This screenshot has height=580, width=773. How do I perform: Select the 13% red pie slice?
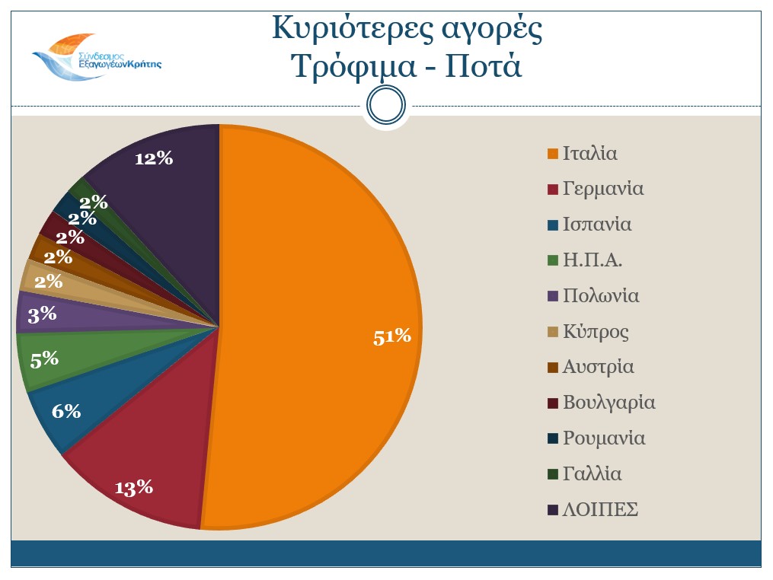pyautogui.click(x=145, y=464)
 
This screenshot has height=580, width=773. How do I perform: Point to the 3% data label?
pyautogui.click(x=42, y=314)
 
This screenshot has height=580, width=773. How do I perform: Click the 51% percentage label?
pyautogui.click(x=391, y=336)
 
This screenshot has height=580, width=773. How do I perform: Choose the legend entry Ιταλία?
pyautogui.click(x=589, y=153)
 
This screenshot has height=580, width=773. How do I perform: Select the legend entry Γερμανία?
pyautogui.click(x=602, y=189)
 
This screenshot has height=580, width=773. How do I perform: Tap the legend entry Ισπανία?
pyautogui.click(x=596, y=225)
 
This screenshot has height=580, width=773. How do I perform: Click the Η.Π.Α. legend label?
pyautogui.click(x=593, y=260)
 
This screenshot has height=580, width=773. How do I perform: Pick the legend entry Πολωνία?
pyautogui.click(x=600, y=296)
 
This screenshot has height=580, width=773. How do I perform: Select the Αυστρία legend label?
pyautogui.click(x=598, y=368)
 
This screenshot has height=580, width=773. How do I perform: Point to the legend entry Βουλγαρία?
pyautogui.click(x=608, y=403)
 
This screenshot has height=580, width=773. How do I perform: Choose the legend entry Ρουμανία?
pyautogui.click(x=603, y=438)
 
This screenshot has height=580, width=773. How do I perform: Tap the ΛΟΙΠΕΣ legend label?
pyautogui.click(x=599, y=510)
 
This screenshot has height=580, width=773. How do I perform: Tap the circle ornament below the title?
pyautogui.click(x=386, y=105)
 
